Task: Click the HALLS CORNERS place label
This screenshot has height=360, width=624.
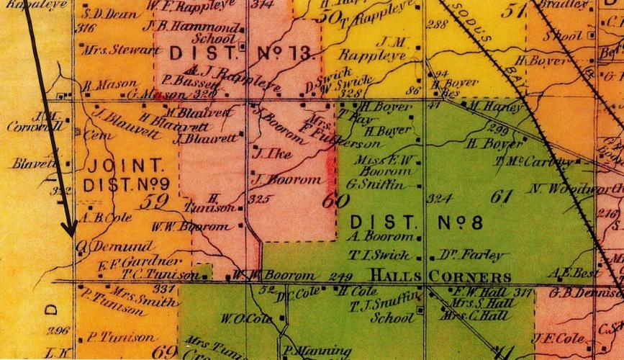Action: click(x=441, y=276)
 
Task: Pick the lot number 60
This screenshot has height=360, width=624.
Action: click(x=332, y=202)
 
